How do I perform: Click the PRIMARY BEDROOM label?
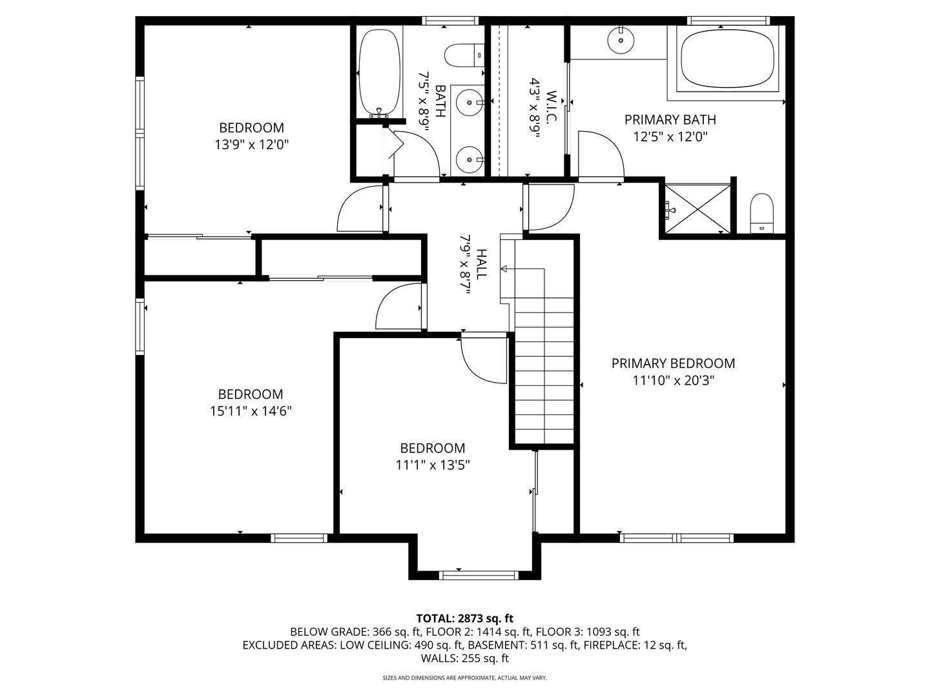[673, 363]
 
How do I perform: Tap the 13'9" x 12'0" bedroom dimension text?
[252, 145]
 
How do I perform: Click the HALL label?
[481, 265]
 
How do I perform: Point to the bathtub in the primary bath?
[727, 59]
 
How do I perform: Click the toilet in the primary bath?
[761, 213]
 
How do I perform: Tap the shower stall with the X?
[697, 208]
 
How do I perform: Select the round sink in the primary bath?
[621, 40]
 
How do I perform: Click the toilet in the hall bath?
[464, 55]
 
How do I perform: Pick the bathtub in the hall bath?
[379, 74]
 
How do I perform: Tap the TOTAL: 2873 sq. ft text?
[465, 619]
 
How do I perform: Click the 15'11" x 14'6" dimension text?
[251, 411]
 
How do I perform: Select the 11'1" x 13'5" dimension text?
[433, 465]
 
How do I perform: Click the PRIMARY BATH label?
[670, 120]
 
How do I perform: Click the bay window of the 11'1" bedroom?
[479, 575]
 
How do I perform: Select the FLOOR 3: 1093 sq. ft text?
[588, 632]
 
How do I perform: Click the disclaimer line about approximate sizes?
[465, 678]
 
